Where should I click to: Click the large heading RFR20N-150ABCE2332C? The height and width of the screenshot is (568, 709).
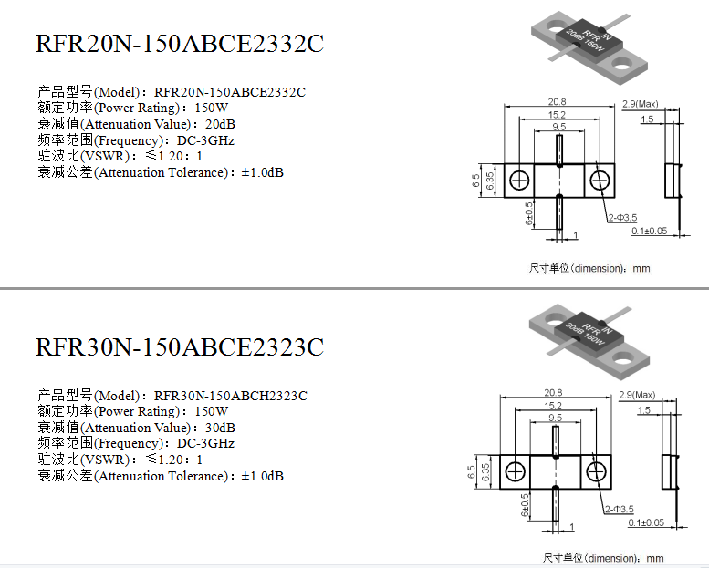coord(180,44)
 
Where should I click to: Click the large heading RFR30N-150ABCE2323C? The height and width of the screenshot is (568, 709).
coord(180,347)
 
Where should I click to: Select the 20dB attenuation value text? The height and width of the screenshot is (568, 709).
coord(220,124)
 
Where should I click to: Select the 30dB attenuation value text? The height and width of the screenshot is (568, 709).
coord(220,428)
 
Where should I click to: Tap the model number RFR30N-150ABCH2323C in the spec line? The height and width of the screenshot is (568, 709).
coord(231,396)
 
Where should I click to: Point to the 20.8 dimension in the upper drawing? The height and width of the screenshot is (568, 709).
coord(557,102)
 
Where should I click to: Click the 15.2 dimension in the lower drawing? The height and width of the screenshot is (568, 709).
coord(553,406)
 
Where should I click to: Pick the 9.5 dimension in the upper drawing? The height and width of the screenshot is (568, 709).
coord(559,127)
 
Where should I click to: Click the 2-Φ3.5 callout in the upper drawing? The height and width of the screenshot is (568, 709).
coord(622,218)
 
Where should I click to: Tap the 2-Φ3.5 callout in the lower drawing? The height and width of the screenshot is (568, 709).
coord(620,510)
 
